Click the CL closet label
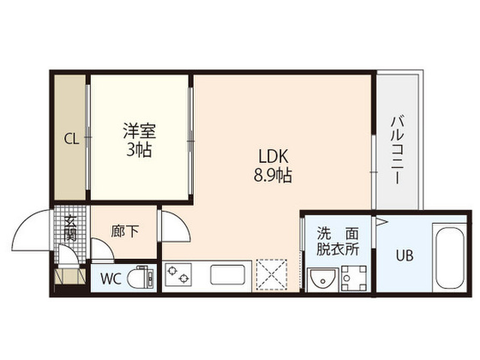pyautogui.click(x=71, y=139)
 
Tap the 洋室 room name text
pyautogui.click(x=140, y=131)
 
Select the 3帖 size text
pyautogui.click(x=139, y=150)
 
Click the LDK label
pyautogui.click(x=273, y=157)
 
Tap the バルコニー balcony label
pyautogui.click(x=397, y=150)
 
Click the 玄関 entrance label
pyautogui.click(x=71, y=228)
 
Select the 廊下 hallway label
pyautogui.click(x=125, y=231)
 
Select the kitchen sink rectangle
pyautogui.click(x=227, y=275)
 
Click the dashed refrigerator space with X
pyautogui.click(x=271, y=274)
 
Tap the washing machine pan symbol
pyautogui.click(x=354, y=278)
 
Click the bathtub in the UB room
pyautogui.click(x=450, y=257)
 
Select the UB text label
pyautogui.click(x=405, y=255)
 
